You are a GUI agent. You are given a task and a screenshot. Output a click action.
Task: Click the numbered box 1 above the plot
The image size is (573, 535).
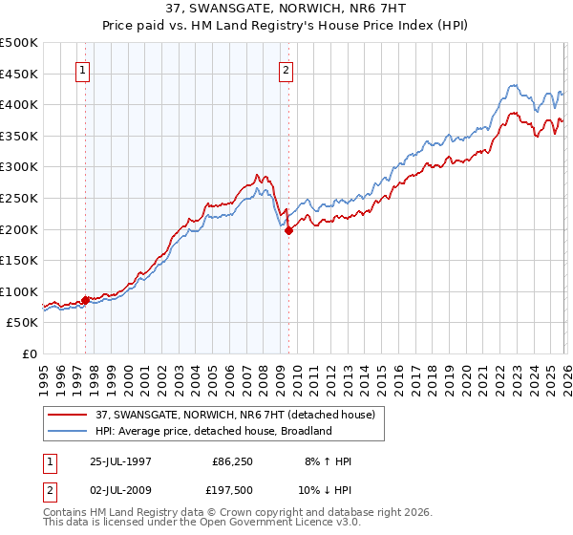[x=83, y=69]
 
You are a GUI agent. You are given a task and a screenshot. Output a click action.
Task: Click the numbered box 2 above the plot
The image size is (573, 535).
[x=286, y=69]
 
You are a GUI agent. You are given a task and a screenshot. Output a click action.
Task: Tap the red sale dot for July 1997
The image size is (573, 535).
[x=86, y=300]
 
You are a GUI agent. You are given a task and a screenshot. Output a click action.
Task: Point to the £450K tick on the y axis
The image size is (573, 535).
[x=20, y=74]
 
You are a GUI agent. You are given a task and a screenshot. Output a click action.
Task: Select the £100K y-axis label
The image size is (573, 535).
[x=20, y=291]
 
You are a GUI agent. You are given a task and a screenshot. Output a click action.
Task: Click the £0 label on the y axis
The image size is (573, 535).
[x=29, y=354]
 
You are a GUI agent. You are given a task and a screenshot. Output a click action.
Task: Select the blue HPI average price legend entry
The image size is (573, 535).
[x=213, y=431]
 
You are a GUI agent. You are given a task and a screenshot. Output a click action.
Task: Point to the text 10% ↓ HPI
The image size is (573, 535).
[x=325, y=490]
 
